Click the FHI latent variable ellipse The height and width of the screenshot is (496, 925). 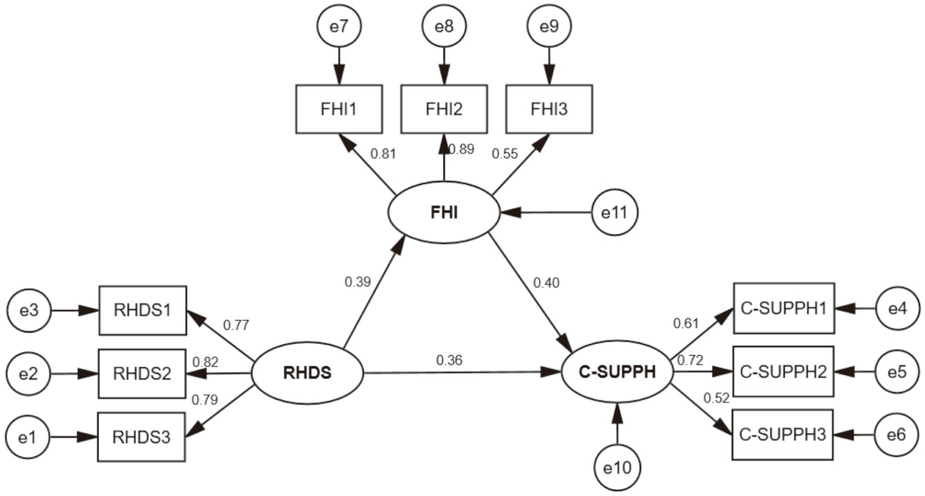coord(444,212)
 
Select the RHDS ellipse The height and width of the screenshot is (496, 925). coord(307,373)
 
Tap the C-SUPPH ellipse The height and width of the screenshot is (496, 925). coord(617,372)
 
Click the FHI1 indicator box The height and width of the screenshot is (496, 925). coord(339,109)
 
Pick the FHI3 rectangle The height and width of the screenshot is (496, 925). coord(549,109)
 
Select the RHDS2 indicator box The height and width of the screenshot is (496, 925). coord(142,374)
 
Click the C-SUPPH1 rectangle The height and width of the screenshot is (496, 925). coord(783,308)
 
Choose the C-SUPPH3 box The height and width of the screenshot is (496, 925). coord(782,435)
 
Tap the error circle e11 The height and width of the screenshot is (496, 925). coord(615,212)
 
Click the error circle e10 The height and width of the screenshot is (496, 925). coord(617,467)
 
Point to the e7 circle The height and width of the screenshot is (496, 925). coord(339,27)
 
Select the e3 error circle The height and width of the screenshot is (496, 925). coord(29,310)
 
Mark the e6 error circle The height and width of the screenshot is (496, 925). coord(897,434)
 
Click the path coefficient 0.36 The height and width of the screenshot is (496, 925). coord(449,360)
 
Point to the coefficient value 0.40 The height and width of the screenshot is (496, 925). coord(546,282)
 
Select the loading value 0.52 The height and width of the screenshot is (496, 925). coord(716,398)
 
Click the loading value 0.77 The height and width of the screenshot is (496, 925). coord(236,325)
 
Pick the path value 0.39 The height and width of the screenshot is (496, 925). coord(357,282)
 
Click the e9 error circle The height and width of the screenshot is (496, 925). coord(549,27)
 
